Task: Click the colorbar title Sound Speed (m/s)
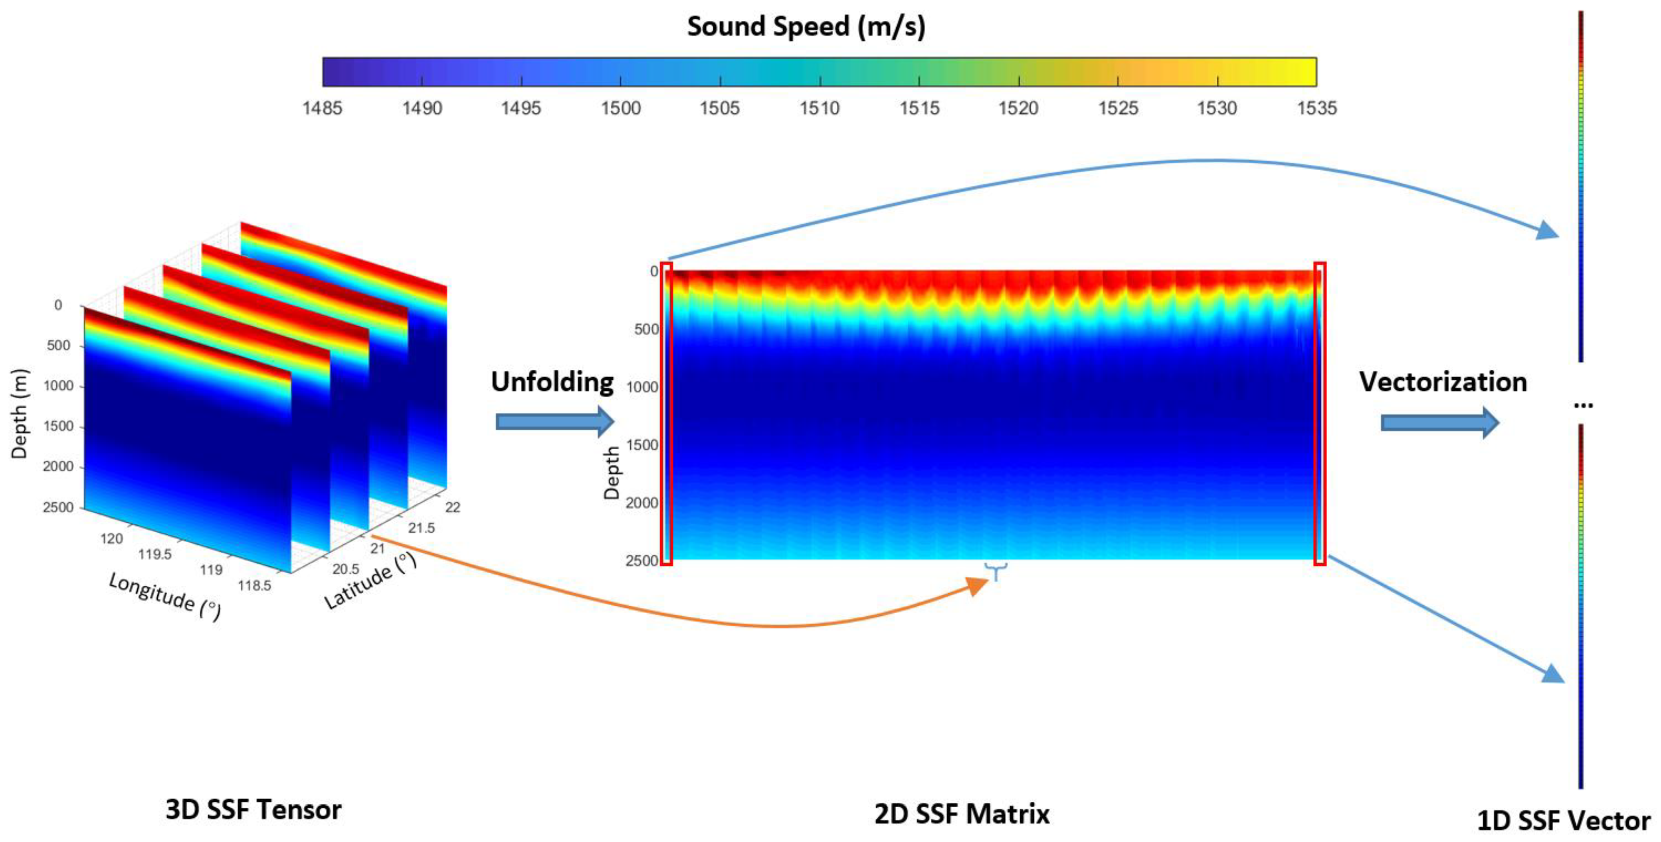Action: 806,26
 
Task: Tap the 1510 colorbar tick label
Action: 820,108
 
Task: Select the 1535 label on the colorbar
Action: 1317,108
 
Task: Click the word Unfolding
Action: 552,382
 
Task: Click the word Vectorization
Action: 1443,382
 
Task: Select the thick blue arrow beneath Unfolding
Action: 554,422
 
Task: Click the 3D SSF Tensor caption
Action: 253,810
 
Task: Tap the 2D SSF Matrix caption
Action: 961,814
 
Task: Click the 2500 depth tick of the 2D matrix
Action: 641,560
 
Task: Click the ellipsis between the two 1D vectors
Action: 1583,404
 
